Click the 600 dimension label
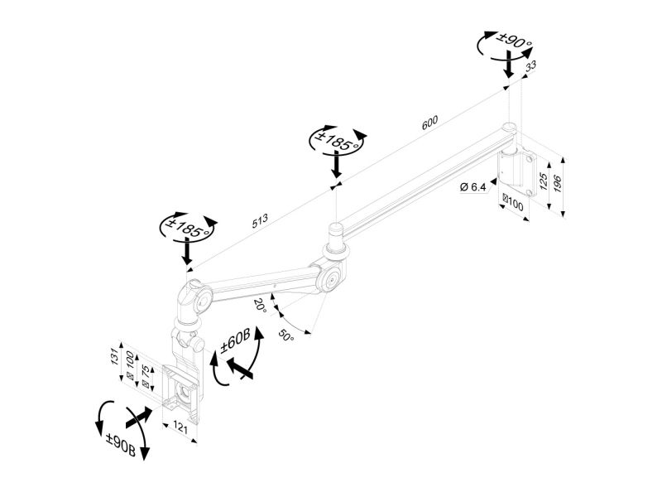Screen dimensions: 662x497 429,123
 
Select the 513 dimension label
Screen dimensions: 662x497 260,221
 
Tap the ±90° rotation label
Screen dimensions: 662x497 514,41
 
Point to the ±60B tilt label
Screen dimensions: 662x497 236,341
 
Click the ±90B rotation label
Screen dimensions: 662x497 121,444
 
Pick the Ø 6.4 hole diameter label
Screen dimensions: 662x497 473,186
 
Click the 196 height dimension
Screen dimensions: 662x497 557,183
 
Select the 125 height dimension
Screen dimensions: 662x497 544,181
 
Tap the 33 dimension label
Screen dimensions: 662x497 530,65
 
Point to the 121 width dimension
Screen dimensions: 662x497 180,427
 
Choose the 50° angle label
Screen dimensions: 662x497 285,336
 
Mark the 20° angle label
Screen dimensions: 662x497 261,305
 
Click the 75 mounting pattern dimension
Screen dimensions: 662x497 145,372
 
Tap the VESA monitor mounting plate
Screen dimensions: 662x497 181,393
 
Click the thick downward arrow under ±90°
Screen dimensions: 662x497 510,64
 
